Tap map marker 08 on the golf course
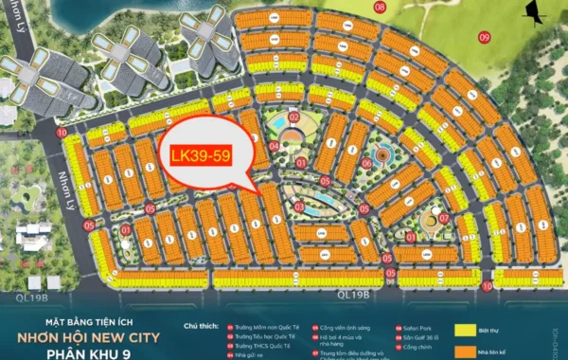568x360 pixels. coord(380,8)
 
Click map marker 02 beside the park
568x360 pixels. coord(293,117)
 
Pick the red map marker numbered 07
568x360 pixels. coord(443,218)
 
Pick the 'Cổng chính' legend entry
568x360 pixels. coord(399,348)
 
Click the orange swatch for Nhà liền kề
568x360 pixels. coord(465,352)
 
